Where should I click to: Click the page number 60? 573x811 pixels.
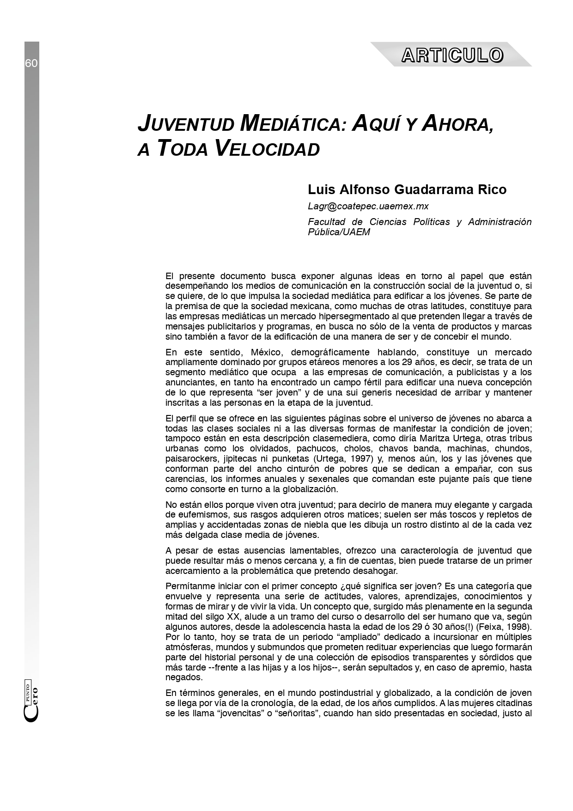click(31, 63)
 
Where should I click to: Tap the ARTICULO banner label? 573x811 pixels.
click(452, 55)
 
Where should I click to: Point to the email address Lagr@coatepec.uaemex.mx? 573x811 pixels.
click(368, 206)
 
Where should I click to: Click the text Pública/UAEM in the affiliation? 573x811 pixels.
click(339, 232)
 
